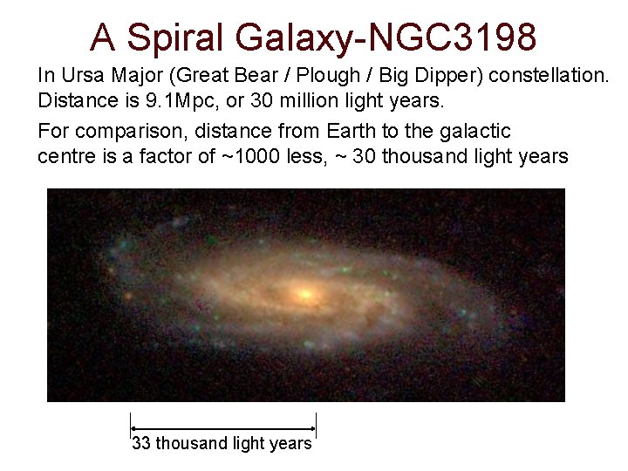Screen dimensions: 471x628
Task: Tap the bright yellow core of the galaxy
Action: (x=304, y=293)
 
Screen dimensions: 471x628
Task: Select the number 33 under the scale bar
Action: (x=140, y=444)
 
